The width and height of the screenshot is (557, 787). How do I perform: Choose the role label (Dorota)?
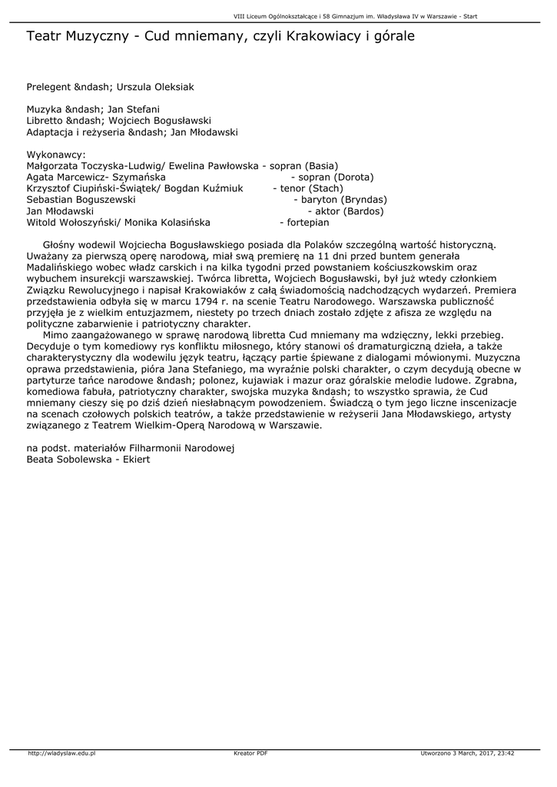pyautogui.click(x=351, y=177)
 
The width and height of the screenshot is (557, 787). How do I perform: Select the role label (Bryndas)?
pyautogui.click(x=360, y=200)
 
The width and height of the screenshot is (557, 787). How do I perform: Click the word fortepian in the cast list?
pyautogui.click(x=308, y=223)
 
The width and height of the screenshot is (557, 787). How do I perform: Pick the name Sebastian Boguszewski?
pyautogui.click(x=81, y=200)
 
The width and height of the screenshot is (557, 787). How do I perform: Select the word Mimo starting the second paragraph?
pyautogui.click(x=57, y=335)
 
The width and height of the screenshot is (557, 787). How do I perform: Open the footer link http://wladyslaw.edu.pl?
pyautogui.click(x=61, y=753)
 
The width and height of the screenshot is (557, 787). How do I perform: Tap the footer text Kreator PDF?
pyautogui.click(x=250, y=753)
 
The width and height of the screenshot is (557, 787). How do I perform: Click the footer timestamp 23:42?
pyautogui.click(x=505, y=753)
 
